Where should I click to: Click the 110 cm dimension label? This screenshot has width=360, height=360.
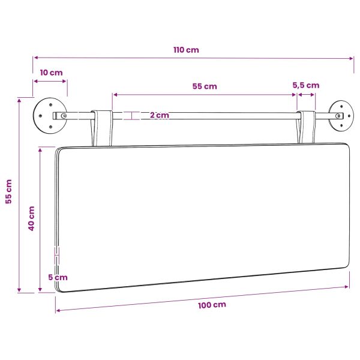[x=186, y=50]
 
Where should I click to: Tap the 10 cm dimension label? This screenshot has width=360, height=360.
[x=51, y=73]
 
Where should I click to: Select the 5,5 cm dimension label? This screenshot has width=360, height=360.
[x=306, y=85]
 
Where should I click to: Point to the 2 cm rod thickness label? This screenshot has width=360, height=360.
[x=160, y=115]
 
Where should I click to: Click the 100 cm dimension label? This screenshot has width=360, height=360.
[x=212, y=305]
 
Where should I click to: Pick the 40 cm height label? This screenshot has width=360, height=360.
[x=31, y=218]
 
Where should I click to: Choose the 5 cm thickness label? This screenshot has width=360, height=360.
[x=58, y=277]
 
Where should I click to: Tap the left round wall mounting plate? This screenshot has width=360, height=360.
[x=50, y=115]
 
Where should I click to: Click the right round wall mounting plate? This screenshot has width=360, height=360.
[x=341, y=115]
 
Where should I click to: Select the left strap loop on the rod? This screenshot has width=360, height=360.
[x=102, y=128]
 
